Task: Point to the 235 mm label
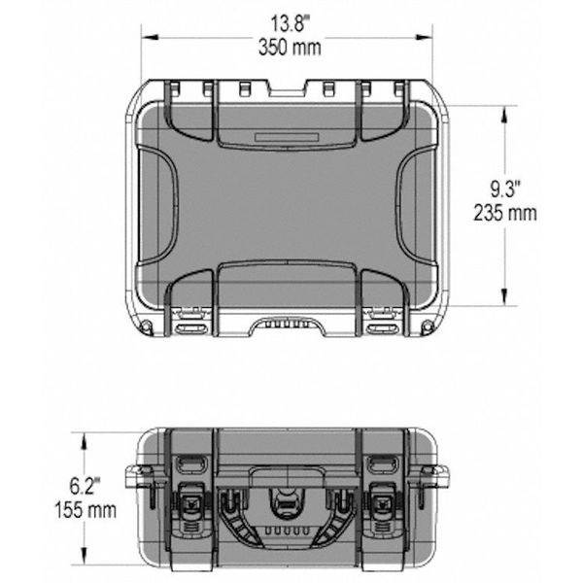pos(505,214)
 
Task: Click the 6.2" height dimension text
pos(88,483)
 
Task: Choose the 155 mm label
pos(88,508)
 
